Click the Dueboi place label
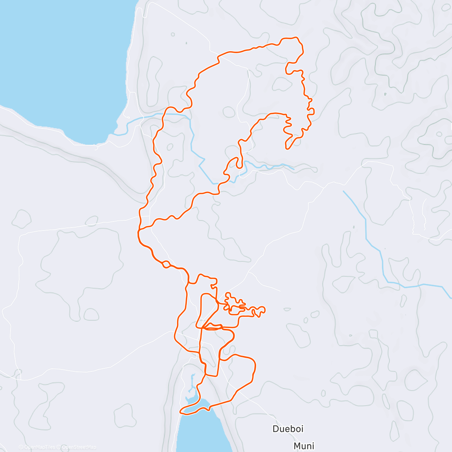[288, 429]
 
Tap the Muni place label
[304, 446]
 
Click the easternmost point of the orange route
[314, 110]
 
